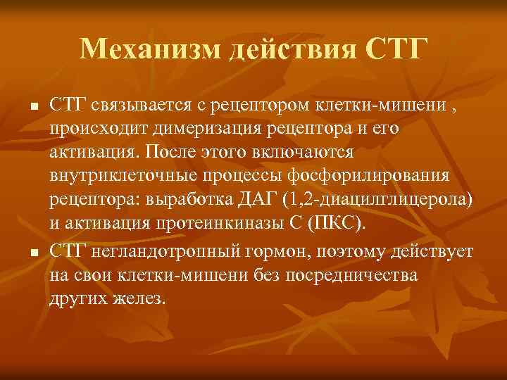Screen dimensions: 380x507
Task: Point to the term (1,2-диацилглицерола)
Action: (x=378, y=199)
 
